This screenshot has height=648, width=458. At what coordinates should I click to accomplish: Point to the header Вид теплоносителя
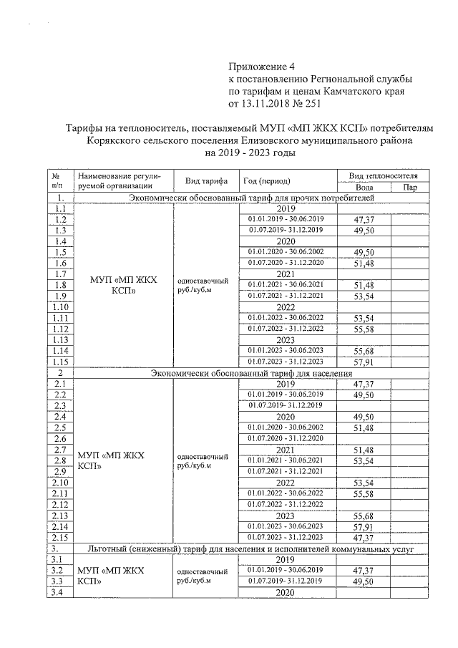point(387,175)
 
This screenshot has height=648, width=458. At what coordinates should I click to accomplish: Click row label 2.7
point(60,449)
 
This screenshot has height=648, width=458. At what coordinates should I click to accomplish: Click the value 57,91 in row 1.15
point(364,362)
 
